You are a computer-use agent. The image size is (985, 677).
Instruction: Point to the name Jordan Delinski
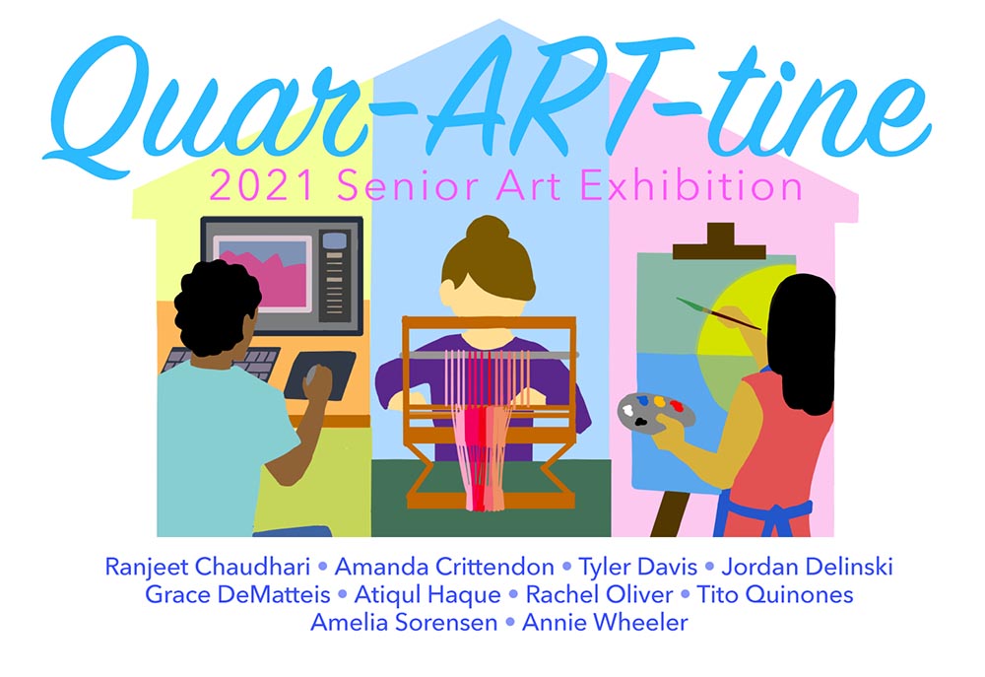[807, 568]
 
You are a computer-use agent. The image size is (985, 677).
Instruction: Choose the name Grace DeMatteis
[235, 595]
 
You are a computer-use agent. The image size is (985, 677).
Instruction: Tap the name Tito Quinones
[774, 595]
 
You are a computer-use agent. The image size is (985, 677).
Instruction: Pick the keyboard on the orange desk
[222, 361]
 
